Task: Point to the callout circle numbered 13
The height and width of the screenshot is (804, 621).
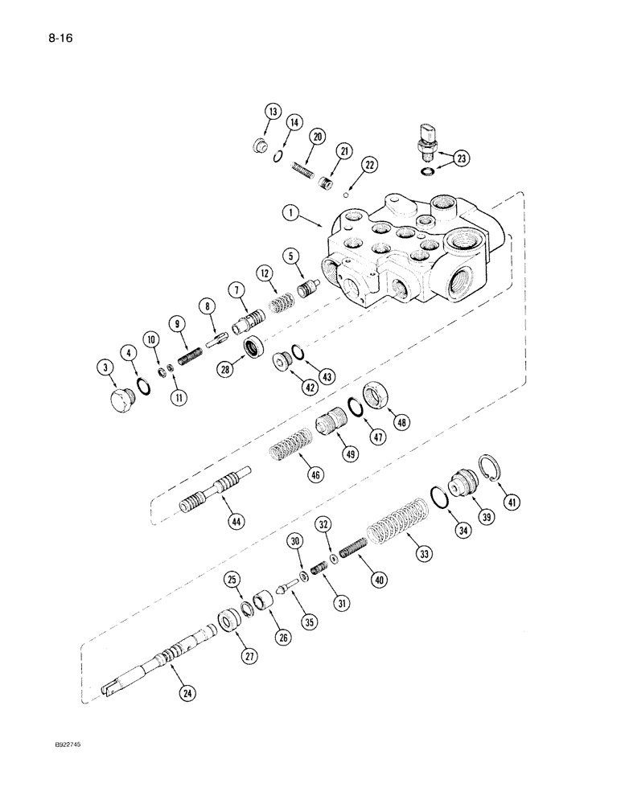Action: tap(273, 112)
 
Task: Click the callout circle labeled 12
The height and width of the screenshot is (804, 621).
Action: tap(265, 274)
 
